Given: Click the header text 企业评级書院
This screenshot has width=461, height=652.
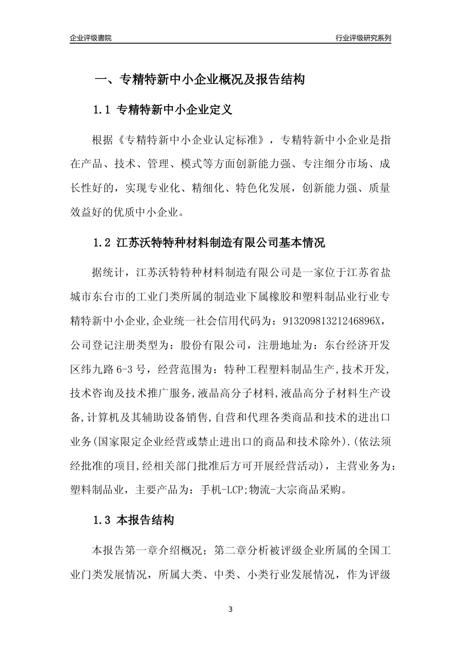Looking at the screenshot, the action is click(x=91, y=38).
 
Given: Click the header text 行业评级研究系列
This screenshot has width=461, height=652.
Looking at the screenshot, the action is click(x=363, y=38).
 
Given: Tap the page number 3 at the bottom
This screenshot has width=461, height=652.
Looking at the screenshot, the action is click(x=230, y=609).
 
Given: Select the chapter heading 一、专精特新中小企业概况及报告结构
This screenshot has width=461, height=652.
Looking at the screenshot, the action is click(x=199, y=80).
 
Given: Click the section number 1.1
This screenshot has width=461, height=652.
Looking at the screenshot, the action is click(x=102, y=110).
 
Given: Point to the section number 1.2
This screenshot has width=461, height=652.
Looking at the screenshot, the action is click(x=102, y=243).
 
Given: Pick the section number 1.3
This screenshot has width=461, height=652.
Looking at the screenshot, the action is click(x=102, y=521).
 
